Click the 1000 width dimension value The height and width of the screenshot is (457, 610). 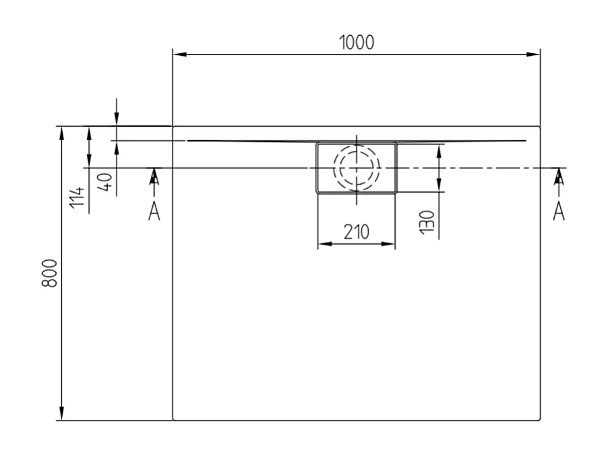[356, 42]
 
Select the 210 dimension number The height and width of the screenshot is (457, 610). [356, 233]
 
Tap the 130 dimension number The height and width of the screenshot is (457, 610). [426, 222]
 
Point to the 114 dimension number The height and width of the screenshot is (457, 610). [79, 197]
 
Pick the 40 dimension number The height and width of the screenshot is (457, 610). [104, 181]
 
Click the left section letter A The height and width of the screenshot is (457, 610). [154, 211]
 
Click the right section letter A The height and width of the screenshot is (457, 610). [559, 211]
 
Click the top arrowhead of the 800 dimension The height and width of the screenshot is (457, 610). [62, 132]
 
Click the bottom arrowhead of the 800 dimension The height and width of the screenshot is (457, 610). [62, 415]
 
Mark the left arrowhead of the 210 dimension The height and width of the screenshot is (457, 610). [322, 244]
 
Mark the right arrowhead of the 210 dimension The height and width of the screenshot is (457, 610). [390, 244]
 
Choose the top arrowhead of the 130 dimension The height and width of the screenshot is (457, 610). [439, 149]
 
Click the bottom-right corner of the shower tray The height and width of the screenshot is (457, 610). [540, 420]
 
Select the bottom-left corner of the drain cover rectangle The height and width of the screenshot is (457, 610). [317, 192]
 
